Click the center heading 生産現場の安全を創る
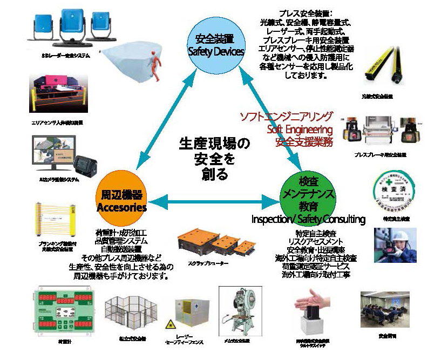click(215, 159)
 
